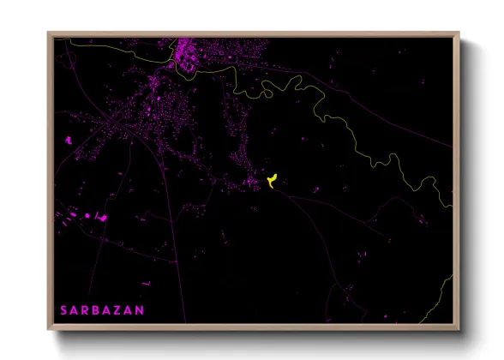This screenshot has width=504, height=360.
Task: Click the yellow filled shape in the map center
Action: click(x=272, y=178)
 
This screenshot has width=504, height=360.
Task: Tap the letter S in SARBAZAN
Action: click(x=63, y=309)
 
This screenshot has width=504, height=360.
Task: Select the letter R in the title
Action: click(x=86, y=309)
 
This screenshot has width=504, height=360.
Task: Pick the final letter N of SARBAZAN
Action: click(x=140, y=309)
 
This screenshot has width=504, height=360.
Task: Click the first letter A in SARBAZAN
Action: click(x=74, y=309)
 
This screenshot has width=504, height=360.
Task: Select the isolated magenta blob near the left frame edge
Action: click(x=66, y=140)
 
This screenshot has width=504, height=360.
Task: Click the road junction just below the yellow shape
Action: click(x=273, y=189)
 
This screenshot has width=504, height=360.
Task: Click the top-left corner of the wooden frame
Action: click(x=48, y=33)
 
